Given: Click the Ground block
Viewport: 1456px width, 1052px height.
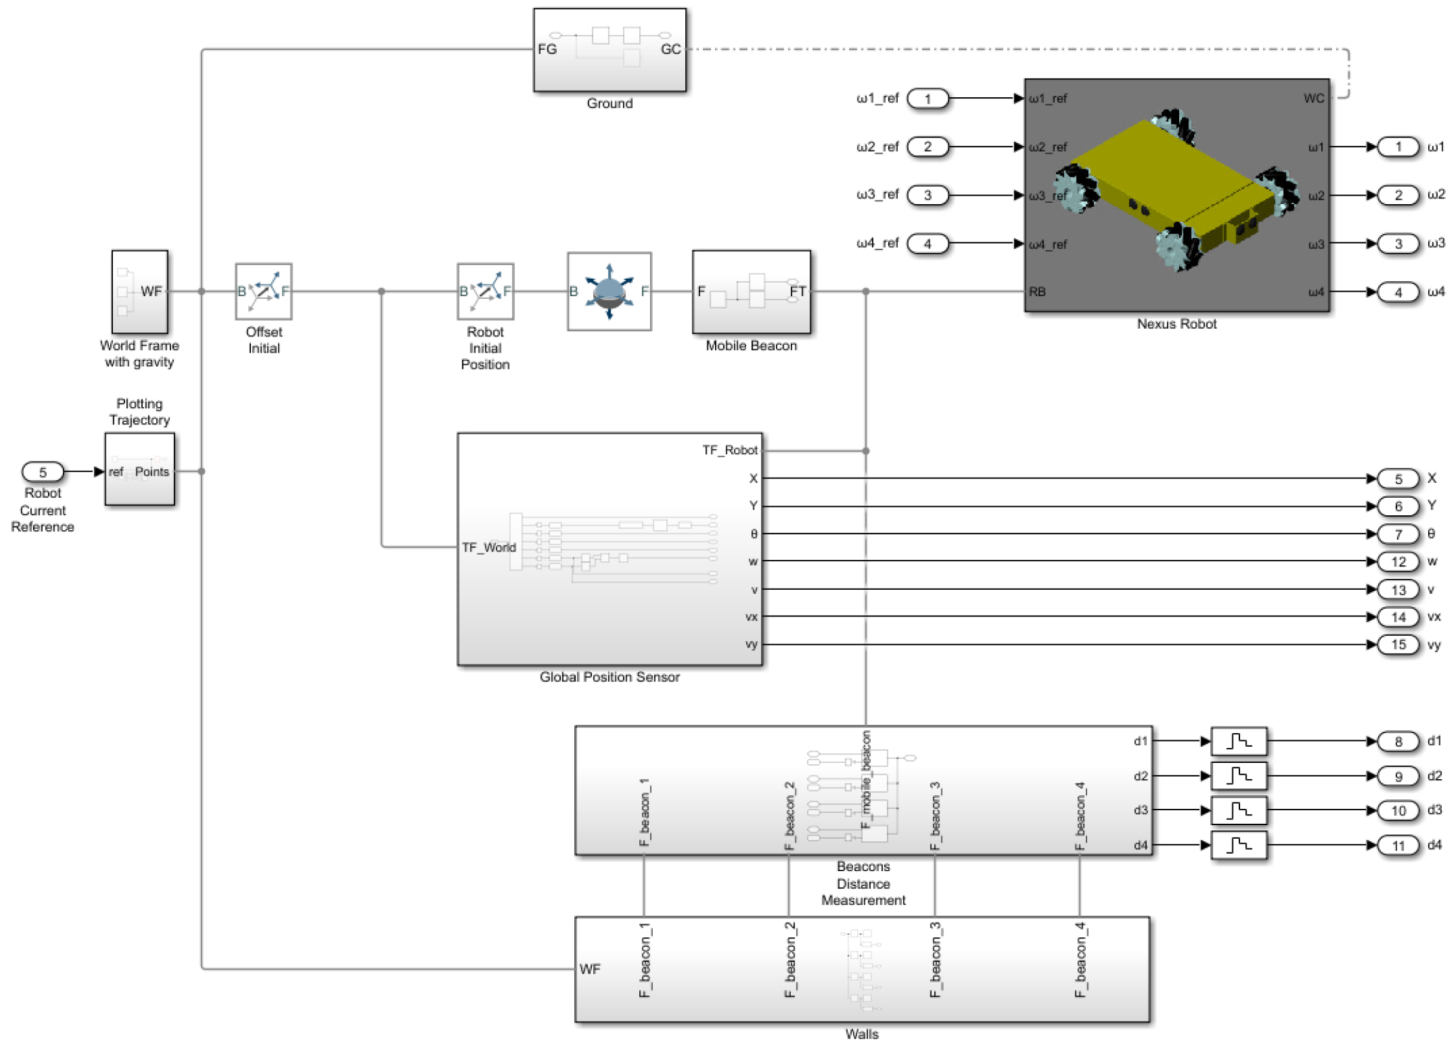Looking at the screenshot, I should pos(609,50).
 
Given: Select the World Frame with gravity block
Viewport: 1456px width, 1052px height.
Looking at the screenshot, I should pos(139,292).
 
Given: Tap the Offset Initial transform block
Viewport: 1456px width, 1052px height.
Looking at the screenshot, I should pos(263,291).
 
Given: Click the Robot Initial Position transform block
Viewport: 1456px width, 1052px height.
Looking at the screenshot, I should pos(485,291).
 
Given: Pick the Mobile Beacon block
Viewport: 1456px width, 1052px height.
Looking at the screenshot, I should pos(751,292).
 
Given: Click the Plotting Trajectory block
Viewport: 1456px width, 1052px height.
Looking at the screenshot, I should pos(139,469).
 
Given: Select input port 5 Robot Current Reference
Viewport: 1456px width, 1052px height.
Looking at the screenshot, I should pos(43,471).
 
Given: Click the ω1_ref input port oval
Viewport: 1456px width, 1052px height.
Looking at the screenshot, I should pos(927,99).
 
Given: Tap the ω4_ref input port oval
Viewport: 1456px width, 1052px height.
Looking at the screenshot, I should pos(927,244).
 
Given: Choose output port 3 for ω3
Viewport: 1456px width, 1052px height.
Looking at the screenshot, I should pos(1398,244).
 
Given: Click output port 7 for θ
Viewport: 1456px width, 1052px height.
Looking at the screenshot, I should pos(1398,534).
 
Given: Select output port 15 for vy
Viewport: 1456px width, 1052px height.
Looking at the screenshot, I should pos(1398,644).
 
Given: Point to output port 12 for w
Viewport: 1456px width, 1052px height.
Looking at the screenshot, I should pos(1398,562).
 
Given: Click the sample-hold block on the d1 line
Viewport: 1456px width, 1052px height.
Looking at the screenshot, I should pos(1238,741).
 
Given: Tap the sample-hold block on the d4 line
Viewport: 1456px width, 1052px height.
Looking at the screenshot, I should pos(1238,845).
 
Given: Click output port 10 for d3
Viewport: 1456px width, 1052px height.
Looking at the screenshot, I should pos(1398,810).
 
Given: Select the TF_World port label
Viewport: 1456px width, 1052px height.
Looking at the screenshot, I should pos(489,547).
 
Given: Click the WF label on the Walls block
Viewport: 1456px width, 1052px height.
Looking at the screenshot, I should pos(590,969).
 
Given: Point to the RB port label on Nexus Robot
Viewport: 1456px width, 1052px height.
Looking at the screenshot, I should pos(1037,292).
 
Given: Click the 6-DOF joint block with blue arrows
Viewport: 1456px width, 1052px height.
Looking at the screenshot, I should pos(609,291).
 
